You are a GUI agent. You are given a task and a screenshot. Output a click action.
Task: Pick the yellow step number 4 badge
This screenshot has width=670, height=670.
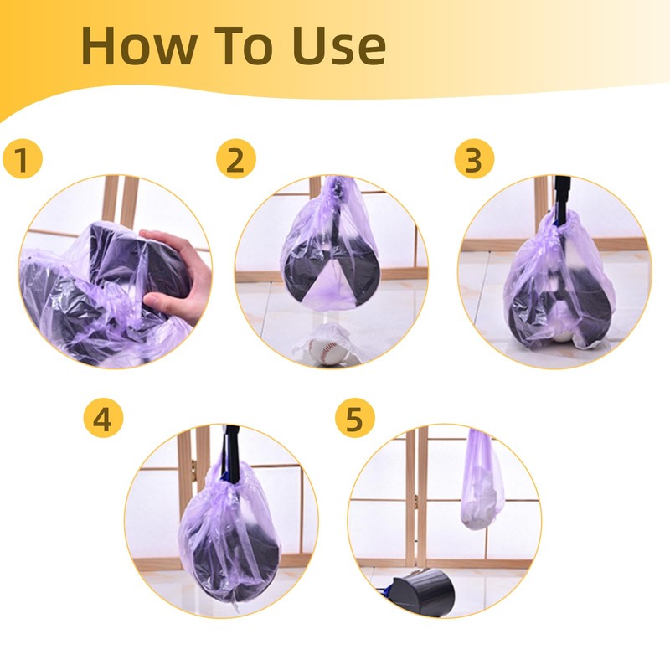(102, 420)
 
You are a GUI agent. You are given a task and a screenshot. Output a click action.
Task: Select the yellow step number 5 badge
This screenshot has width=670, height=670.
(354, 420)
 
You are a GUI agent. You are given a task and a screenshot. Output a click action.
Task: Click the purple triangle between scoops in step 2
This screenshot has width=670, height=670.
(331, 289)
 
